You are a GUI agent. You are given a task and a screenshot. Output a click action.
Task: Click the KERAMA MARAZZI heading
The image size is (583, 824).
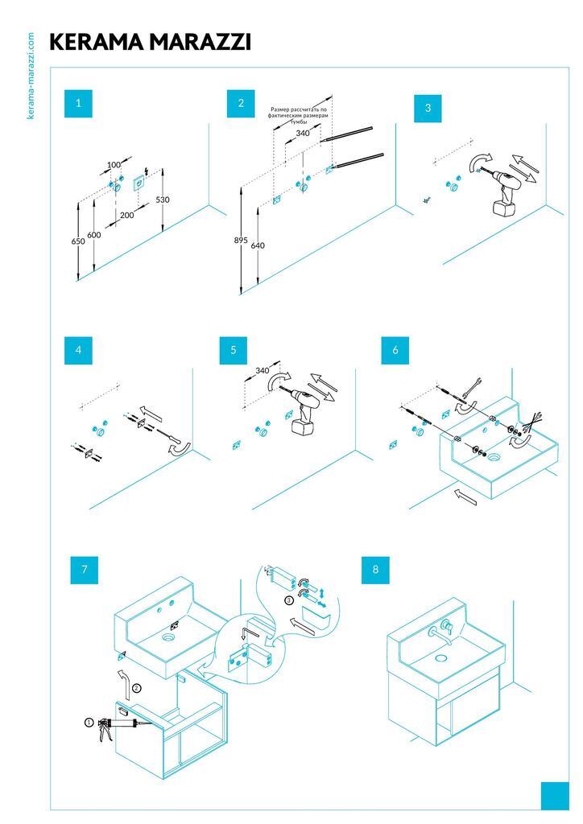pos(150,42)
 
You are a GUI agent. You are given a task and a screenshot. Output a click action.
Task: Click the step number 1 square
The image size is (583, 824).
pos(78,103)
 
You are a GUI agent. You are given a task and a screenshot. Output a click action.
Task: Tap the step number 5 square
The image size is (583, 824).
pos(233,350)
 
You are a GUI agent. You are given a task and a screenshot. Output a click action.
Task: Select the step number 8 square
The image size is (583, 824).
pos(375,570)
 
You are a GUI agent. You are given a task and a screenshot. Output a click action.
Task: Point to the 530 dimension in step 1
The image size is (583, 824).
pos(163,200)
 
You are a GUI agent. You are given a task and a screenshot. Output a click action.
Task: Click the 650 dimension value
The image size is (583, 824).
pos(78,241)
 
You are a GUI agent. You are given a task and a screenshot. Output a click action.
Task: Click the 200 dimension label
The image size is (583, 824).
pos(127,216)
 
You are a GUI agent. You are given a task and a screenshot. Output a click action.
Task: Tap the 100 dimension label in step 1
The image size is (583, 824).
pos(114,165)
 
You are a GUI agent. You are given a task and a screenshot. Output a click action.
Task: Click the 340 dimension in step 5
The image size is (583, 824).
pos(262,371)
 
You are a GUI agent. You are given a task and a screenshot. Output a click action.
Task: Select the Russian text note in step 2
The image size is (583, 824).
pos(299,115)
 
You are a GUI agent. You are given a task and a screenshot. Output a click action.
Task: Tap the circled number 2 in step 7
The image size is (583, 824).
pos(136,687)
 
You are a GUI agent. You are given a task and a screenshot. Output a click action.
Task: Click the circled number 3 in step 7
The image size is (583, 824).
pos(288,600)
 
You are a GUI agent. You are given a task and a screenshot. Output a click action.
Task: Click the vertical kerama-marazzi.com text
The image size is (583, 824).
pos(31,76)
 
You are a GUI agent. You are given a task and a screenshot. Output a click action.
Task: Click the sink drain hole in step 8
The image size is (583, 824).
pos(440,657)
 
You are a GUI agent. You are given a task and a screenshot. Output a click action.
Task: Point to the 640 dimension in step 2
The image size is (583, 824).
pos(258,245)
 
